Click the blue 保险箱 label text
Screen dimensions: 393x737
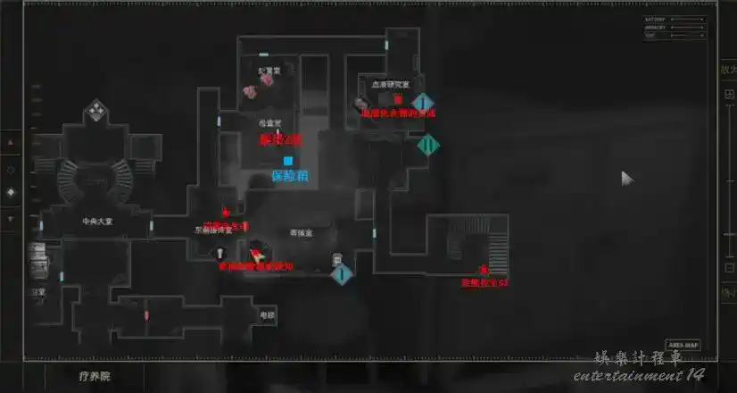point(289,176)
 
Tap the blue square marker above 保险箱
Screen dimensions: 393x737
point(287,161)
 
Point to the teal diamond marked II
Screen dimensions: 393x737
point(428,143)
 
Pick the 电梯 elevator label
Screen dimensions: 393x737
point(267,315)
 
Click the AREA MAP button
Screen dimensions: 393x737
point(683,345)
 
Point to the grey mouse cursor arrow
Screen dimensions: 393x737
point(627,178)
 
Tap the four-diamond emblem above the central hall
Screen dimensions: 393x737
point(95,112)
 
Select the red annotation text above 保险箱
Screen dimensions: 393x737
point(280,139)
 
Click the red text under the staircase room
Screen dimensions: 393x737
point(484,282)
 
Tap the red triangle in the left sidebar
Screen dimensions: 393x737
point(11,142)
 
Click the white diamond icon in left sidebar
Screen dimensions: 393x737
point(11,192)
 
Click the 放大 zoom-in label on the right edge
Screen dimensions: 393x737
point(727,69)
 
